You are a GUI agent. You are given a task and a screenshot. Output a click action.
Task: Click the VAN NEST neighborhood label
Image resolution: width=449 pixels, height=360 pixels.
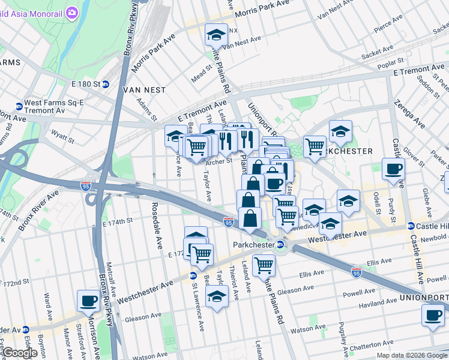point(143,89)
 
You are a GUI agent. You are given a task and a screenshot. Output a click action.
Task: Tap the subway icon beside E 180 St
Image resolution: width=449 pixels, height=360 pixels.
point(105,84)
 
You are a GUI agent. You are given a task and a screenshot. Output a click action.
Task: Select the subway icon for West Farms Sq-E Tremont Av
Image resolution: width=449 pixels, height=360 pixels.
point(19,107)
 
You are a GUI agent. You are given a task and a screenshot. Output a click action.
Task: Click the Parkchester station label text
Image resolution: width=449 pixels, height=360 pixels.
point(253,244)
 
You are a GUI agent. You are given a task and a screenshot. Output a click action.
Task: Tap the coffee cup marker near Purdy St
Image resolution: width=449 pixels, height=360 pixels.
point(393,169)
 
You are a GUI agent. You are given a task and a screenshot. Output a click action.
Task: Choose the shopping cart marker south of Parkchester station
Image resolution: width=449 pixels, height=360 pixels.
point(264,264)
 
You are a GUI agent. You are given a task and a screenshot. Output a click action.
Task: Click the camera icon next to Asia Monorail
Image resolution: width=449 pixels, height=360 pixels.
point(72,12)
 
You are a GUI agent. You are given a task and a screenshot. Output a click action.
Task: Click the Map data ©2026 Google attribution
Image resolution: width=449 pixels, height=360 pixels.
point(411,355)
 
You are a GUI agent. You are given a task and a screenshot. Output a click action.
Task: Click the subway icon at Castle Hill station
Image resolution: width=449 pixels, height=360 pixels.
point(411,226)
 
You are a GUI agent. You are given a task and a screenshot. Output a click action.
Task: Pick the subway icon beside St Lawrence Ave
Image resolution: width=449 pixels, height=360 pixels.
point(193,276)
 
